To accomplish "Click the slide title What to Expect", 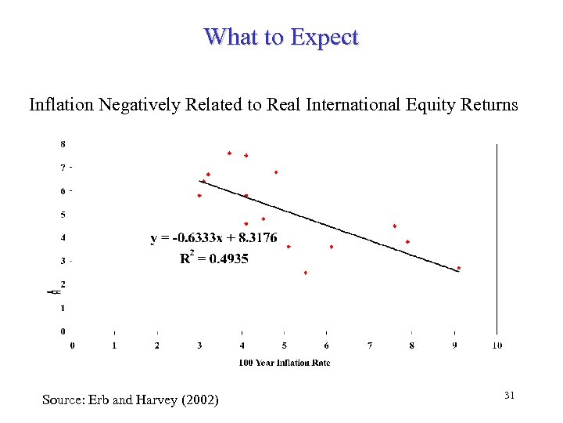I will tap(281, 37).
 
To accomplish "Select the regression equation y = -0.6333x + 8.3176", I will tap(213, 238).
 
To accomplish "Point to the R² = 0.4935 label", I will tap(213, 258).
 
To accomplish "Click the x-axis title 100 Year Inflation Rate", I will tap(285, 362).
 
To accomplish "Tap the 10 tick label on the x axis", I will tap(497, 345).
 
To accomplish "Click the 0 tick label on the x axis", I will tap(74, 345).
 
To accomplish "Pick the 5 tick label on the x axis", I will tap(285, 345).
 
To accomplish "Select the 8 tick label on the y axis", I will tap(63, 144).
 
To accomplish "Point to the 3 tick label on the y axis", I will tap(63, 261).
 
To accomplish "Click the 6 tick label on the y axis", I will tap(63, 191).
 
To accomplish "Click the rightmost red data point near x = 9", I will tap(459, 268).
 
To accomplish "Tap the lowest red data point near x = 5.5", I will tap(305, 273).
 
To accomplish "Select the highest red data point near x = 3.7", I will tap(229, 153).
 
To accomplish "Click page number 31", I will tap(509, 396).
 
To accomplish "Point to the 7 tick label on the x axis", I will tap(370, 345).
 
